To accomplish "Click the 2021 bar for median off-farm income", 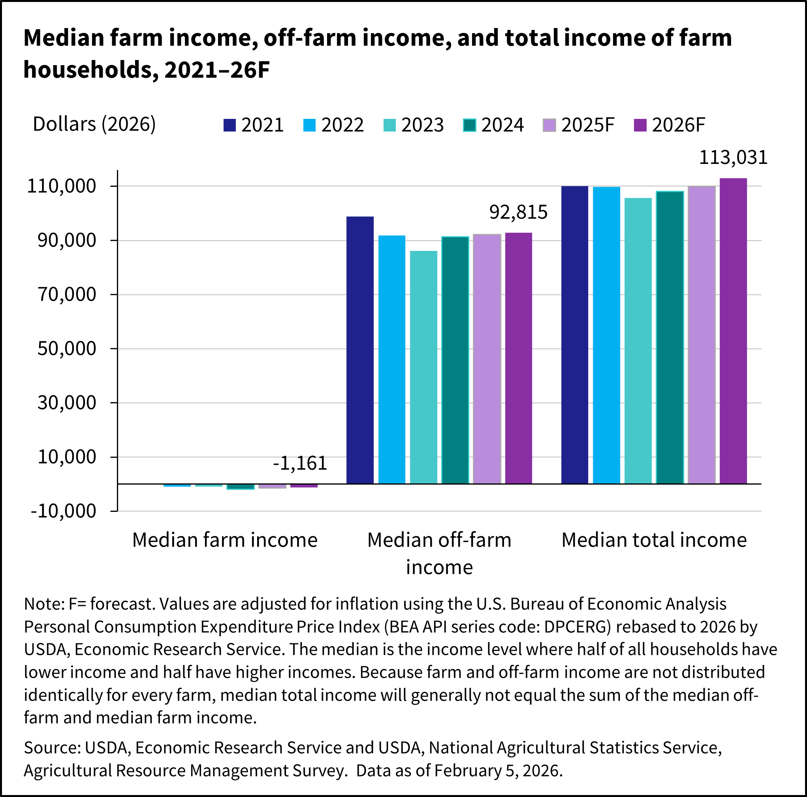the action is (360, 350).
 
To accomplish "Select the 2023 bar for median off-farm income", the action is (423, 367).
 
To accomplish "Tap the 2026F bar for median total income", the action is (733, 331).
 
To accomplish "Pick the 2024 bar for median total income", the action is (670, 338).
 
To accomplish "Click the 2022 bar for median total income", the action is (606, 335).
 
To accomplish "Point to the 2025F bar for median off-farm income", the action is (487, 359).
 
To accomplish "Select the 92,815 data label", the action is (518, 212).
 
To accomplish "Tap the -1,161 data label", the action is (300, 463).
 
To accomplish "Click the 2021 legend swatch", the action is (230, 125).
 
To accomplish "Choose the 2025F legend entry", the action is (579, 125).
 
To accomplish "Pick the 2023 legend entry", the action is (413, 125).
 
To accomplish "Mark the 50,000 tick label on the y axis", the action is (67, 348).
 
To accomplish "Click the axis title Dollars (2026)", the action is (94, 124).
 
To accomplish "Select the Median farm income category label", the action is (225, 540).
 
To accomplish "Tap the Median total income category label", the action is (654, 540).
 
